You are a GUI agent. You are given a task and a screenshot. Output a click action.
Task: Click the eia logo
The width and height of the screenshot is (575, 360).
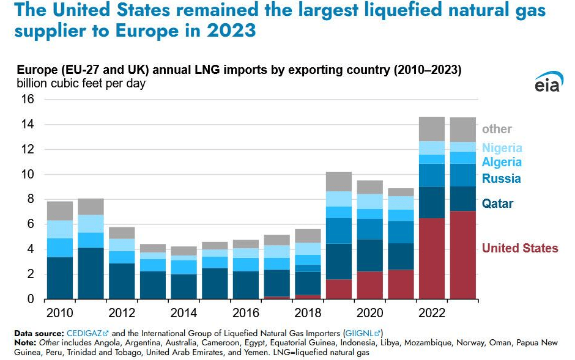547,84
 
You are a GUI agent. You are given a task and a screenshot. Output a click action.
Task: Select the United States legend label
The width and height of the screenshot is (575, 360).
520,248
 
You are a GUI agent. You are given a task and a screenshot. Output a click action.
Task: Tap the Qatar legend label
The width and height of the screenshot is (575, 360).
497,204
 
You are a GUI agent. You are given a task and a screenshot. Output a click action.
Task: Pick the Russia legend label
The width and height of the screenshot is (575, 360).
501,178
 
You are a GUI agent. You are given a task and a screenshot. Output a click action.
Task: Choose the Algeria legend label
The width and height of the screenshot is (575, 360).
502,162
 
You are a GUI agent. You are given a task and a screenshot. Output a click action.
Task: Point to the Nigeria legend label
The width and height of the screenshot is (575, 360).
502,148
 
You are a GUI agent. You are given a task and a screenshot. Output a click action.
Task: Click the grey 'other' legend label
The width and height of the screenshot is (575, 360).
497,129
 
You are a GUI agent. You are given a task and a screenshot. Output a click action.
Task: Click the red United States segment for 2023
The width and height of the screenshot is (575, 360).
463,255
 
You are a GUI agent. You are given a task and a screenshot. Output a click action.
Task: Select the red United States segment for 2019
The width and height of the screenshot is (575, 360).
339,289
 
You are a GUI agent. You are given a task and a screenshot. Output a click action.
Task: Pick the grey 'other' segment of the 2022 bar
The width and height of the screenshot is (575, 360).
432,129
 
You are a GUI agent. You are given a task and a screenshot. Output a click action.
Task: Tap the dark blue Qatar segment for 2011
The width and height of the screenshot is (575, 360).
91,273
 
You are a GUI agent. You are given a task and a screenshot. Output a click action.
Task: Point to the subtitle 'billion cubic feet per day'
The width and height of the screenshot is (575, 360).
81,83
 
